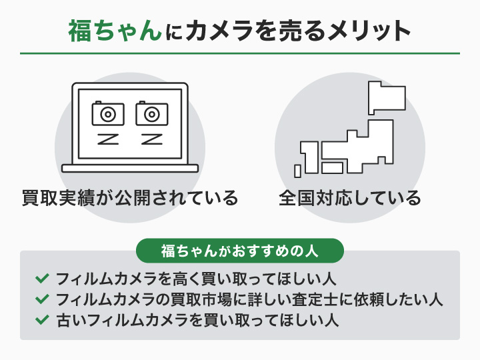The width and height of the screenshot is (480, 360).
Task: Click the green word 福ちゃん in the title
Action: pos(115,31)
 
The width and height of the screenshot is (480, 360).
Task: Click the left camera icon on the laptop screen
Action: pos(108,113)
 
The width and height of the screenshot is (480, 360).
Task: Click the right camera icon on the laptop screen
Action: pos(152,113)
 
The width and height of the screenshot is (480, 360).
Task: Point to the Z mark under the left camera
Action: pos(108,139)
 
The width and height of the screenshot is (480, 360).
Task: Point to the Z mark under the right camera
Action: pos(152,139)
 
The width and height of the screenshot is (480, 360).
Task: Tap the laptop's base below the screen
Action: pos(130,168)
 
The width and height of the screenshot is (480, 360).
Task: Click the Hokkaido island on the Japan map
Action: pos(386,98)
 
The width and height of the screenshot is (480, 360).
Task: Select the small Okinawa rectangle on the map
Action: pos(298,171)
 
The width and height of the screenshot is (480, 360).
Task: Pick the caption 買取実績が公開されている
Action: pos(130,198)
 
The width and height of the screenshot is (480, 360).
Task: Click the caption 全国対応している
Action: pos(350,198)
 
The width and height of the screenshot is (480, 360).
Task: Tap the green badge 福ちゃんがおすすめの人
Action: pos(239,251)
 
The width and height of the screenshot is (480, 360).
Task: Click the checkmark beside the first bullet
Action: pos(42,277)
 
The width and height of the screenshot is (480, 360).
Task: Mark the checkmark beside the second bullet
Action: pos(42,298)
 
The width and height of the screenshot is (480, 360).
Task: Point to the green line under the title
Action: pos(240,53)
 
